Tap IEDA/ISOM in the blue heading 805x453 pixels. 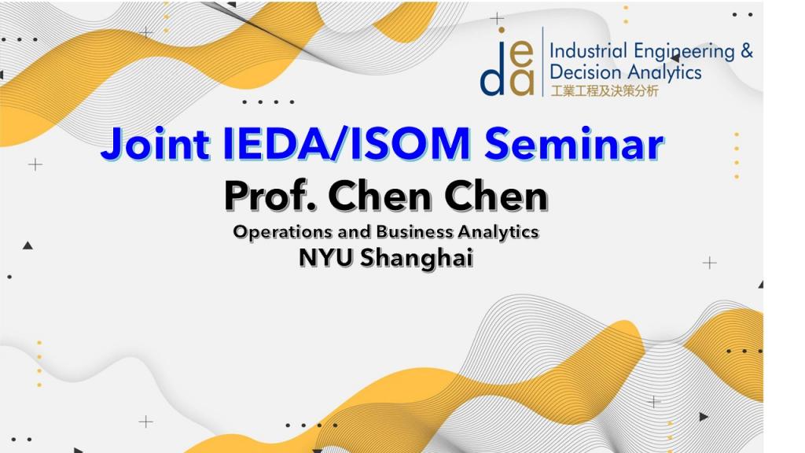click(347, 143)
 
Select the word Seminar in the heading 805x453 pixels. click(575, 143)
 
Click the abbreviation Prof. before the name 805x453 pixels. click(270, 196)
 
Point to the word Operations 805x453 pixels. click(282, 232)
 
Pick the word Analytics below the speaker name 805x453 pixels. click(498, 233)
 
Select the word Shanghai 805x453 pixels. click(417, 258)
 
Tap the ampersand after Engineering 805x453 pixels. click(747, 51)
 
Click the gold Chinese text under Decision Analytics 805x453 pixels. click(605, 91)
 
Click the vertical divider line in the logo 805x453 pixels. click(542, 61)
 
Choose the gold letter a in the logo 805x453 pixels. click(522, 83)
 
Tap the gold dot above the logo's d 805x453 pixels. click(501, 31)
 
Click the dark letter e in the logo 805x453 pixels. click(521, 54)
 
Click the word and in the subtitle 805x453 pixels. click(355, 232)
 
